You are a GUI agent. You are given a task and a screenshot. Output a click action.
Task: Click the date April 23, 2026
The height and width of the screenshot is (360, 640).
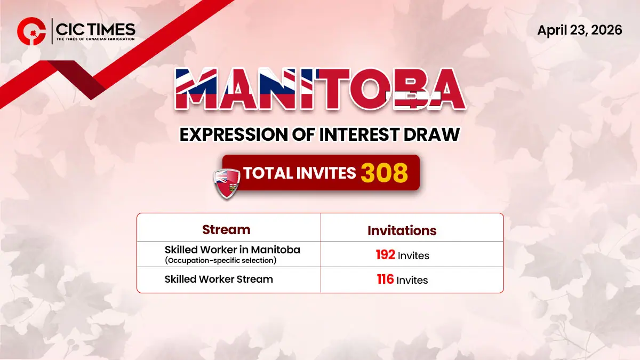pyautogui.click(x=579, y=30)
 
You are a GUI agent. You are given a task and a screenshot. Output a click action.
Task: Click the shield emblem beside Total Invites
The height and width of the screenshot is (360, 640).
pyautogui.click(x=226, y=182)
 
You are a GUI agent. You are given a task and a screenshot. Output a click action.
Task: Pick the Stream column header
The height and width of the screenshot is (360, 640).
pyautogui.click(x=226, y=230)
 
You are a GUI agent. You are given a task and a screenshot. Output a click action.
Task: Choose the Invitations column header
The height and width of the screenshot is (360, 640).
pyautogui.click(x=402, y=230)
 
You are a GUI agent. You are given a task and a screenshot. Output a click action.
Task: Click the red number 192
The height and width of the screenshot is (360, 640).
pyautogui.click(x=385, y=255)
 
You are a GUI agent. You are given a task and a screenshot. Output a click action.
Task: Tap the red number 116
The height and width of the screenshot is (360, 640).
pyautogui.click(x=385, y=279)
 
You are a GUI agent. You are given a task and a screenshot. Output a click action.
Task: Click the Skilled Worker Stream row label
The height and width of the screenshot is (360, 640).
pyautogui.click(x=219, y=279)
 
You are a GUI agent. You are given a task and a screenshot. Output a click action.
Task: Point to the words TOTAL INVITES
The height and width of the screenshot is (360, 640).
pyautogui.click(x=299, y=173)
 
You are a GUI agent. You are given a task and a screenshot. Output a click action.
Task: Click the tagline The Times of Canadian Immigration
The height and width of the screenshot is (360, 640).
pyautogui.click(x=95, y=38)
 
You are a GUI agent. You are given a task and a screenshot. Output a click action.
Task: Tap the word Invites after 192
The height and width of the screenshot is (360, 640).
pyautogui.click(x=413, y=255)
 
